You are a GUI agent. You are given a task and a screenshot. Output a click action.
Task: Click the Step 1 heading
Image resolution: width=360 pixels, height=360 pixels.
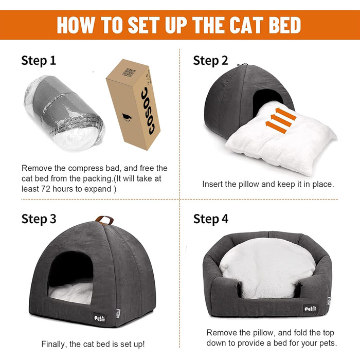click(x=39, y=61)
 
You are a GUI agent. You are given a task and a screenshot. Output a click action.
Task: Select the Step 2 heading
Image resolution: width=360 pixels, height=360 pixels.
click(x=210, y=61)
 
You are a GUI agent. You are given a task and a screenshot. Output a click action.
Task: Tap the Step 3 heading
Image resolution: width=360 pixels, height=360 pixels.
click(x=39, y=219)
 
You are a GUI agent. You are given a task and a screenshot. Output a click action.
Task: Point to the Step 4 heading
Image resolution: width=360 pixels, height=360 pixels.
click(x=211, y=219)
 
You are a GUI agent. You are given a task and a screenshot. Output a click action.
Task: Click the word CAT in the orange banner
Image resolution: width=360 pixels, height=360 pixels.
click(x=247, y=25)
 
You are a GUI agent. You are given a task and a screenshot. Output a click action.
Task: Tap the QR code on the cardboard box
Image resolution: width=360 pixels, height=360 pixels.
click(x=129, y=72)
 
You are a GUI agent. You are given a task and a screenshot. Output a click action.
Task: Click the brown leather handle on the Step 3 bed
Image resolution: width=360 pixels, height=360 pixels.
click(x=105, y=220)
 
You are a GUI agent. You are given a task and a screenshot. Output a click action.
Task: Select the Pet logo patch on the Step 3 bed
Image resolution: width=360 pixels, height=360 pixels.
click(x=100, y=318)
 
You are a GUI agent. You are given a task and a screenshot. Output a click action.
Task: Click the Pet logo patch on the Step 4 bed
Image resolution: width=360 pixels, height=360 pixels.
click(x=311, y=309)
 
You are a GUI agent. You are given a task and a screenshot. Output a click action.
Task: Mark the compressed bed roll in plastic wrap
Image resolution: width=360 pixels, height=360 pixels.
click(x=64, y=113)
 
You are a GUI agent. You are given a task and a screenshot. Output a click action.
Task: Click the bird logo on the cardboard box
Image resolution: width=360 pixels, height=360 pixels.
click(x=127, y=117)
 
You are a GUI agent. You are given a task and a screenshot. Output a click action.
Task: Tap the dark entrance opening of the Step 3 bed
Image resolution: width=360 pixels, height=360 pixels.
click(x=71, y=268)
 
